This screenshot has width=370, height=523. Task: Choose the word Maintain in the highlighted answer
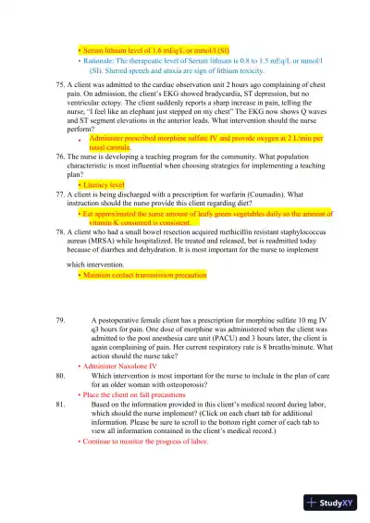[99, 275]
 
